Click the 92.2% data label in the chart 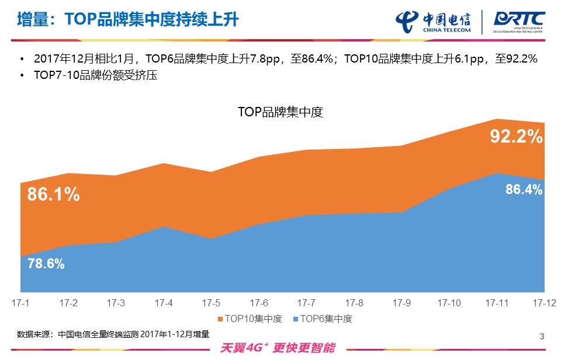(516, 137)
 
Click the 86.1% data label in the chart (53, 195)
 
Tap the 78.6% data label (46, 264)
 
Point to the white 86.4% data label (524, 189)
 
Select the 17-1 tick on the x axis (21, 303)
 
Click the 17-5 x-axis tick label (211, 303)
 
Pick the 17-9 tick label (401, 303)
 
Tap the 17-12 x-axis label (543, 303)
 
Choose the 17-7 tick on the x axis (306, 303)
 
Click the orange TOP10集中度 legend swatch (220, 320)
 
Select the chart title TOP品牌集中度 (280, 112)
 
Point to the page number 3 (542, 336)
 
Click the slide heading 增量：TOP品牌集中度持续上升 (127, 19)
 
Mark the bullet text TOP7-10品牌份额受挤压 (96, 75)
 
